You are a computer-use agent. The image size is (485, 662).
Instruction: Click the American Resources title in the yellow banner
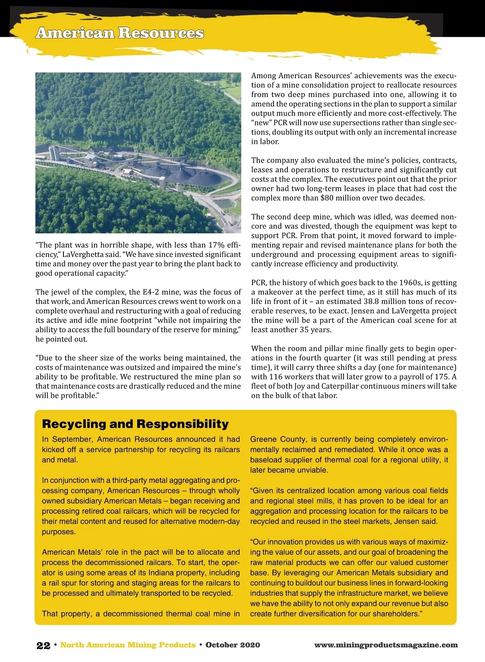[120, 33]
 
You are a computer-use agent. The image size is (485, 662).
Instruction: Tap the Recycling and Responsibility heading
[135, 424]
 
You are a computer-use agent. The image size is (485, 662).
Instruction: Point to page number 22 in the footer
[43, 645]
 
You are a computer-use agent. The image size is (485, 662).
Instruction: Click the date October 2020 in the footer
[233, 645]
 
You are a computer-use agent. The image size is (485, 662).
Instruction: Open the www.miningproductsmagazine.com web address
[386, 645]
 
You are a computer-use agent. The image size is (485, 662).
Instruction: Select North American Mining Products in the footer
[128, 645]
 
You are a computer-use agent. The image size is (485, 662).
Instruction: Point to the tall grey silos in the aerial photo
[54, 153]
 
